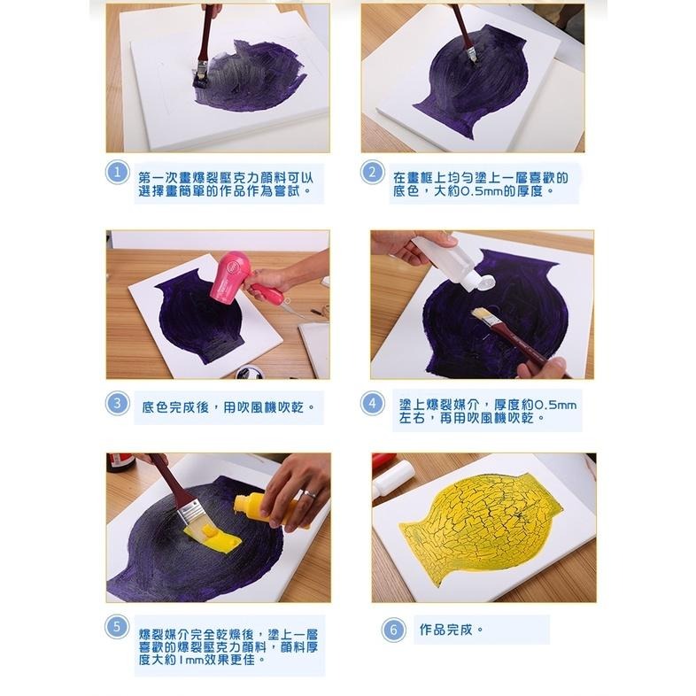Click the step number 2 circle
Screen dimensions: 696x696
373,173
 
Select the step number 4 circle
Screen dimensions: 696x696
373,403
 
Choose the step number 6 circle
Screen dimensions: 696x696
392,630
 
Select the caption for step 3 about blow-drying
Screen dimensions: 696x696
229,408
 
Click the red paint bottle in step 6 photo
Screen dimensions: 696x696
382,463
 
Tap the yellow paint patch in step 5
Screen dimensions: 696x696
216,536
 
